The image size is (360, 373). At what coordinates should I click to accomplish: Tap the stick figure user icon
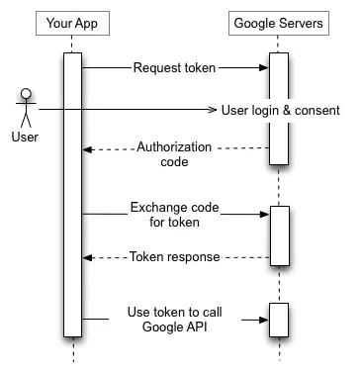pyautogui.click(x=26, y=107)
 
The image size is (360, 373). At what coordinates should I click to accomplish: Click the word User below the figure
pyautogui.click(x=26, y=137)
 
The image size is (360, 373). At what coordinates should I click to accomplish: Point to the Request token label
pyautogui.click(x=175, y=68)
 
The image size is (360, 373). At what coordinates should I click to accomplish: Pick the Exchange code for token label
pyautogui.click(x=175, y=214)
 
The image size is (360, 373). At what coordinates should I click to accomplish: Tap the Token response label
pyautogui.click(x=175, y=256)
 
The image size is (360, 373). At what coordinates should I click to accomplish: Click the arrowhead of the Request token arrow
pyautogui.click(x=264, y=68)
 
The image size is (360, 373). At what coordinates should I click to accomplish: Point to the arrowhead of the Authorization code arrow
pyautogui.click(x=87, y=149)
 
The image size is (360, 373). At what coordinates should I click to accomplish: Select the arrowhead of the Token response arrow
pyautogui.click(x=87, y=256)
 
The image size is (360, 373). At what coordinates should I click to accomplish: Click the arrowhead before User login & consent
pyautogui.click(x=212, y=109)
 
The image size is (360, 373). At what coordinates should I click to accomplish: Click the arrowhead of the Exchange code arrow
pyautogui.click(x=264, y=213)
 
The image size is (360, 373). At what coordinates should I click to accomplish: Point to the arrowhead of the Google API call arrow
pyautogui.click(x=264, y=320)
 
